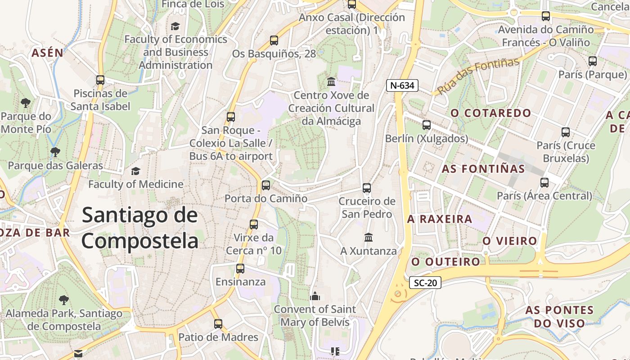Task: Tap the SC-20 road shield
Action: (425, 283)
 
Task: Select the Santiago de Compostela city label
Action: (139, 228)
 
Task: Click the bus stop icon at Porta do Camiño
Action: (266, 185)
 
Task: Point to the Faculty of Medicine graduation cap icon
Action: (135, 171)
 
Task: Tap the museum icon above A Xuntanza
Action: (369, 237)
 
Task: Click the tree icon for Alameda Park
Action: (64, 300)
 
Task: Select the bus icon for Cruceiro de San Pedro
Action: (367, 188)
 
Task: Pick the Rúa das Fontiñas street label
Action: (478, 76)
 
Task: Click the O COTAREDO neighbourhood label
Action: (491, 113)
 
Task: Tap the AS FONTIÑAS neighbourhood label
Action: (483, 169)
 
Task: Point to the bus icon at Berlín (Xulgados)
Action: (426, 125)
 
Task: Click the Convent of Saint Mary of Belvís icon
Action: (315, 296)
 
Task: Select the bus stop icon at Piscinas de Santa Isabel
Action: (100, 80)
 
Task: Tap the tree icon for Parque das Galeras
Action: (55, 152)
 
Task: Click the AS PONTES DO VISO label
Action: (559, 316)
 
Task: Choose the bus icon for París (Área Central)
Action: (544, 182)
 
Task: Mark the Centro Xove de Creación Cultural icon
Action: (331, 81)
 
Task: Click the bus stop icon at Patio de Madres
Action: (218, 324)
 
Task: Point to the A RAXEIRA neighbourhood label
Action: (440, 219)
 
